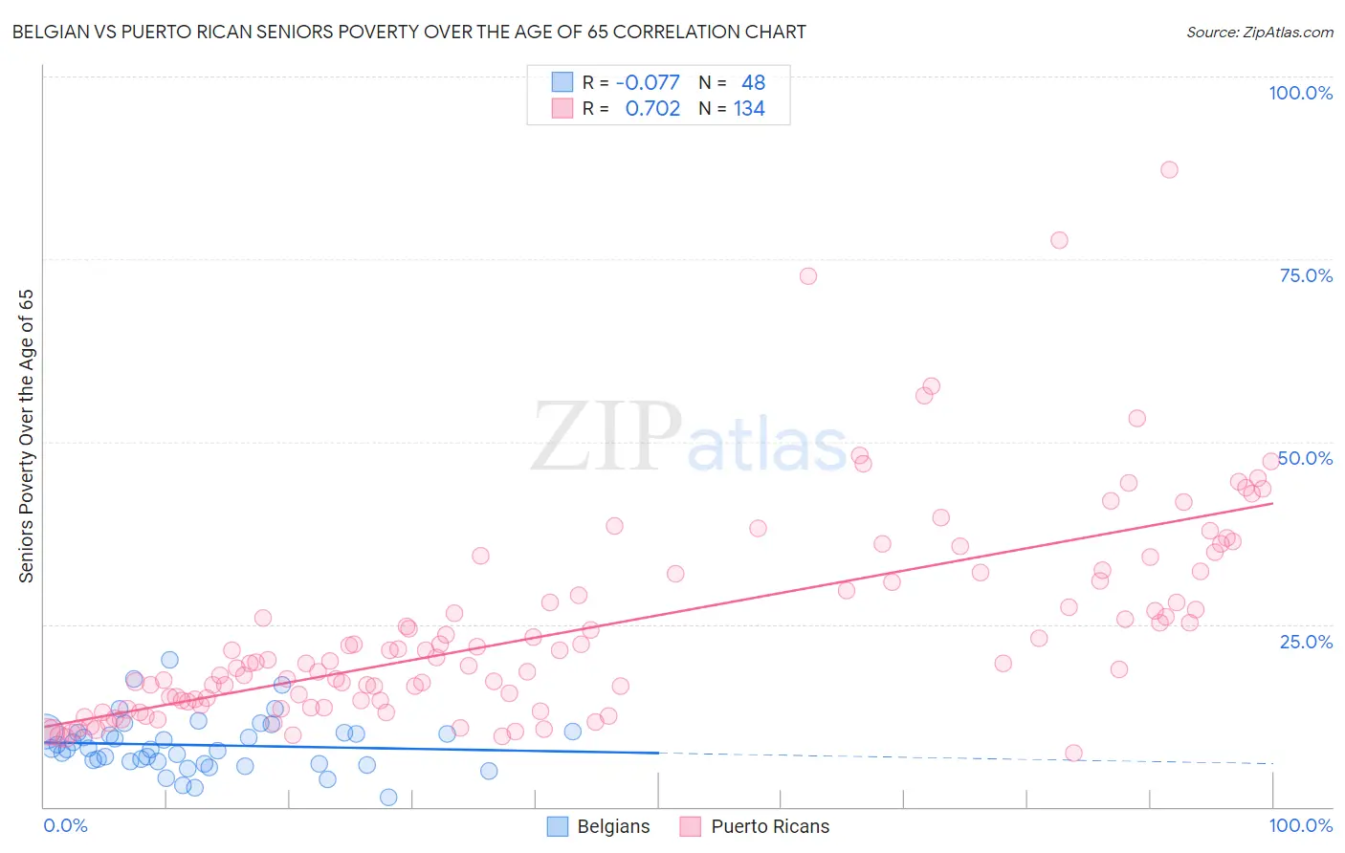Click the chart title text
click(x=408, y=32)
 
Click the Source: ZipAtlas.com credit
click(x=1259, y=32)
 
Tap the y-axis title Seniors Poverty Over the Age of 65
click(x=26, y=435)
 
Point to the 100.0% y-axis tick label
click(x=1300, y=93)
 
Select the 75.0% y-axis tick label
click(x=1306, y=275)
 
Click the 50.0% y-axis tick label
click(x=1306, y=458)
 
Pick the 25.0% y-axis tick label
click(x=1306, y=641)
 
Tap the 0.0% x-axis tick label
click(x=65, y=825)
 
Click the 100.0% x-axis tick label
click(x=1300, y=825)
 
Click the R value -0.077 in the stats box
click(x=648, y=82)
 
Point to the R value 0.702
click(x=652, y=108)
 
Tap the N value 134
click(x=749, y=108)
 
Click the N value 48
click(x=753, y=82)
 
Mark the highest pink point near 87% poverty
click(x=1169, y=169)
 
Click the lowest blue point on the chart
click(x=388, y=797)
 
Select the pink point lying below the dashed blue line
click(x=1073, y=753)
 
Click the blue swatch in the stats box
click(x=562, y=82)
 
